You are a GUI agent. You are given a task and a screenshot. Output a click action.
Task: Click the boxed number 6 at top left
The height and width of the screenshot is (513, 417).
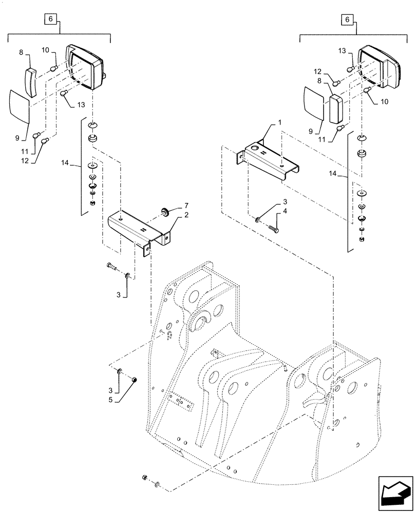[x=50, y=19]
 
